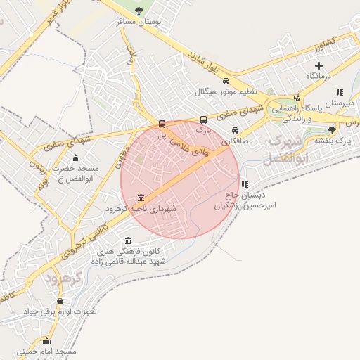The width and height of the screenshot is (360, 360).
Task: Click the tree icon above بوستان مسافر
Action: pyautogui.click(x=139, y=11)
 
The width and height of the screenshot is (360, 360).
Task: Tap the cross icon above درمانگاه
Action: pyautogui.click(x=319, y=65)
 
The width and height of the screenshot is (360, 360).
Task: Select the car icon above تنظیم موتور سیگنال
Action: pyautogui.click(x=226, y=80)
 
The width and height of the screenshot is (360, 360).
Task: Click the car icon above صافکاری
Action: pyautogui.click(x=235, y=130)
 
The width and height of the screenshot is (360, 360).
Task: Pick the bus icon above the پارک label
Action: pyautogui.click(x=204, y=120)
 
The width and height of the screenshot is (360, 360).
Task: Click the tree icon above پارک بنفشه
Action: pyautogui.click(x=332, y=129)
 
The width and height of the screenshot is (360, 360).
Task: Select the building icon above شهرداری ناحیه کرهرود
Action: pyautogui.click(x=142, y=198)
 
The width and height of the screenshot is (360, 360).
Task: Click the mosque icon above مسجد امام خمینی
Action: pyautogui.click(x=46, y=340)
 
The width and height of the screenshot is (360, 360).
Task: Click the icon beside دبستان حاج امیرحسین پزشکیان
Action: pyautogui.click(x=245, y=184)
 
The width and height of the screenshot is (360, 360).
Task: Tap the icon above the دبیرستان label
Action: pyautogui.click(x=340, y=91)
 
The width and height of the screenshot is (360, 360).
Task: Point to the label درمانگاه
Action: pyautogui.click(x=319, y=75)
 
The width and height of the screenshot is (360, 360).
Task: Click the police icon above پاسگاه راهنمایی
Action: pyautogui.click(x=297, y=98)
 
